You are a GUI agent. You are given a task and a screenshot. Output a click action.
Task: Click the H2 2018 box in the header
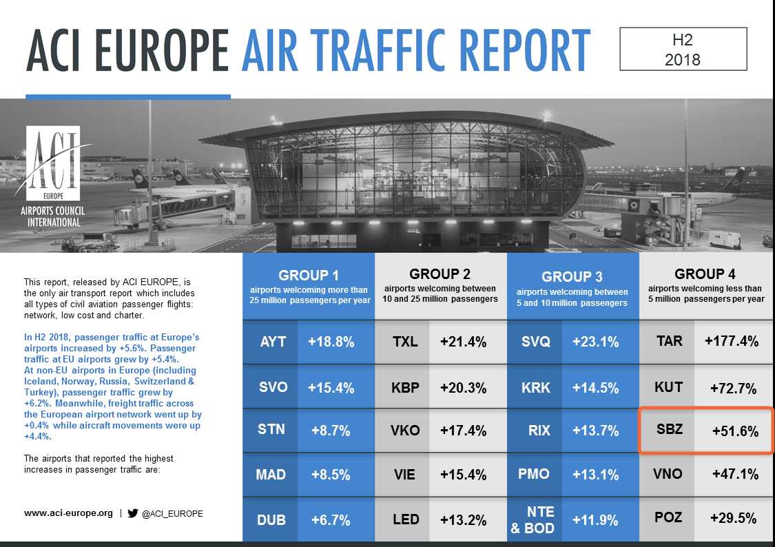[683, 49]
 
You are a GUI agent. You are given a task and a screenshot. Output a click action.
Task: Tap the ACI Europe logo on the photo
[54, 178]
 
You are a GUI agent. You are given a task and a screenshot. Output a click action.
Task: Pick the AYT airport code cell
[273, 341]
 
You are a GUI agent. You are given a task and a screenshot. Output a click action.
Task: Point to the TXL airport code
[405, 341]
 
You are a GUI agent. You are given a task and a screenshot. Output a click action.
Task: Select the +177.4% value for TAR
[731, 341]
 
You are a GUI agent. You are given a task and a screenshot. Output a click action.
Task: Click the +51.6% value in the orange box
[735, 431]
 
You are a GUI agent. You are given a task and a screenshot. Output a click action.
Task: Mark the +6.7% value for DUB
[331, 519]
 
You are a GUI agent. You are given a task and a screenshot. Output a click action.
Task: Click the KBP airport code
[405, 386]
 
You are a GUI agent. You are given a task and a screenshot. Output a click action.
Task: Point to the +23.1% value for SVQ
[596, 341]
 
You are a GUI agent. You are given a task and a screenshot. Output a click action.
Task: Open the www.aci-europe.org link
[68, 513]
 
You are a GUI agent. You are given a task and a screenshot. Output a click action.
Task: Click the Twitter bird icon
[133, 513]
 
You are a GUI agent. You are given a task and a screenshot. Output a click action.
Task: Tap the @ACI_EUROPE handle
[172, 514]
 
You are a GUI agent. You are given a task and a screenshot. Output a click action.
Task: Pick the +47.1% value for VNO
[734, 474]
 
